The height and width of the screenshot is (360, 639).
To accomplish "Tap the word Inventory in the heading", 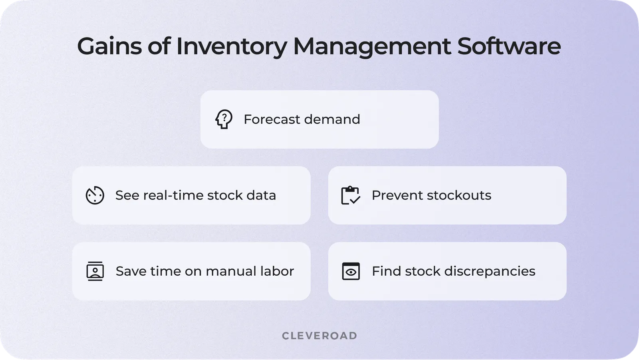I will click(x=231, y=46).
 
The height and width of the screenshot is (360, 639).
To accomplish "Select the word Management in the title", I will click(x=372, y=46).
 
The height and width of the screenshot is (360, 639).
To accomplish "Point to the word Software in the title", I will click(x=509, y=46).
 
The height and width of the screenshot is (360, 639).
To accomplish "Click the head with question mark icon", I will click(x=224, y=119).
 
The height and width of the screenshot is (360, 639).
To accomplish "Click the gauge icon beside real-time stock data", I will click(x=95, y=195).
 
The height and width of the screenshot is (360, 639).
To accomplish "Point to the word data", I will click(x=261, y=195).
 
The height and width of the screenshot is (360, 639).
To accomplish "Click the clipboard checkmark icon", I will click(x=351, y=195).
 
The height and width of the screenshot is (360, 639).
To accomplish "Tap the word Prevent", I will click(x=397, y=195).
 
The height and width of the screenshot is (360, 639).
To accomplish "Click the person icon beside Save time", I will click(x=95, y=271).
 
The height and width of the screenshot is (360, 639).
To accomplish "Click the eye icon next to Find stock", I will click(x=351, y=271).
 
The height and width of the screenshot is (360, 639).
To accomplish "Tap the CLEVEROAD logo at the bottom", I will click(x=319, y=336).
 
